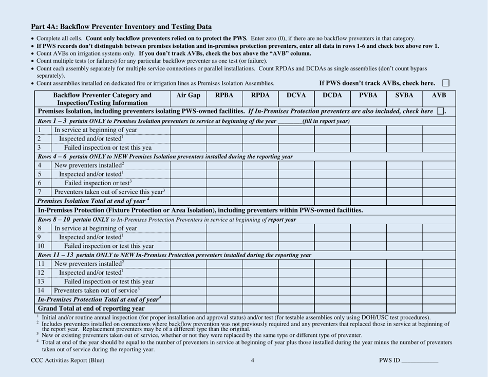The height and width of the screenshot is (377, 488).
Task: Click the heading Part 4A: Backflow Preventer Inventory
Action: (x=121, y=27)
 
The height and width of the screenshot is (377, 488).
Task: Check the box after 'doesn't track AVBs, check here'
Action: (x=446, y=83)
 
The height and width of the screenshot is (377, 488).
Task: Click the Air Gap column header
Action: (x=188, y=95)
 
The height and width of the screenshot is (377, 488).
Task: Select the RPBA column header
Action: (x=224, y=95)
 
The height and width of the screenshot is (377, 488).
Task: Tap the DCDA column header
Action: (x=332, y=95)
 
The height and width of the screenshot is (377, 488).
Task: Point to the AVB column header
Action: (x=439, y=95)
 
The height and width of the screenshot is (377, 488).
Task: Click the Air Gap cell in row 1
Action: (x=188, y=130)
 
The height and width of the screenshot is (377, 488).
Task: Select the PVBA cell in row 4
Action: (x=368, y=165)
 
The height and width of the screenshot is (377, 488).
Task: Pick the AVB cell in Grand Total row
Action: (x=439, y=309)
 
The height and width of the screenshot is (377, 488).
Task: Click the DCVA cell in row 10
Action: (x=296, y=246)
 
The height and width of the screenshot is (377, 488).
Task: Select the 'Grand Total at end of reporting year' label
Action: (x=91, y=309)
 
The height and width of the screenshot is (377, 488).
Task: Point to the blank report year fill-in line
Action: (x=289, y=121)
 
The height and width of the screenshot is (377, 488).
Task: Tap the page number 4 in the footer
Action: (x=253, y=361)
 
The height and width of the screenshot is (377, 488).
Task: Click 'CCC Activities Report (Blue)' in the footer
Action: (x=67, y=361)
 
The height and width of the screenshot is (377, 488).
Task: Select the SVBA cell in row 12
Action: (x=404, y=272)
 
